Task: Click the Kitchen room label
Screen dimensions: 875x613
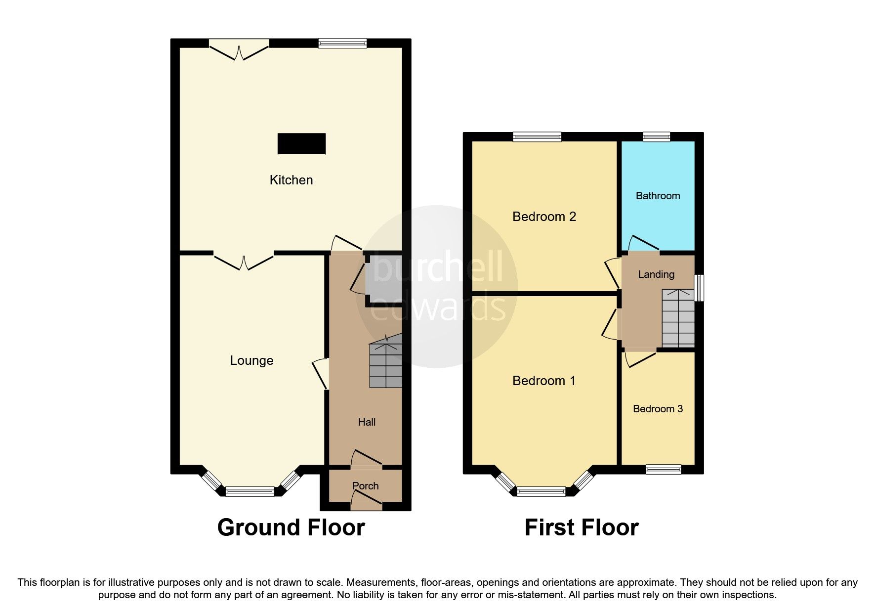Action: pos(291,180)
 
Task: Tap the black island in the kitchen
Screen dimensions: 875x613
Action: pos(301,143)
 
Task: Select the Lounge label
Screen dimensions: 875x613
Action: pos(251,361)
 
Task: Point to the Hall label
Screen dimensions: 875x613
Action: pos(367,422)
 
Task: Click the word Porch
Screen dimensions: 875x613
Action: pos(366,486)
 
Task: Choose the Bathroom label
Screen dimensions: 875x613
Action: pos(658,196)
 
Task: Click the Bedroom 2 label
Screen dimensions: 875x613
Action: pos(544,217)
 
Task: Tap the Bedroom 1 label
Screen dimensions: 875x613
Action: pos(544,381)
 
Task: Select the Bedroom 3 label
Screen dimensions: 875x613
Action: pos(658,409)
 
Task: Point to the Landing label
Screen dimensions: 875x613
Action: pos(656,275)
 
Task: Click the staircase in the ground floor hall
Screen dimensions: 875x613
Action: pos(386,360)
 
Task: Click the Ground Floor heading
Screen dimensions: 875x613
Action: pos(291,527)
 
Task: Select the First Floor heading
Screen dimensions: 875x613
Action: pos(582,527)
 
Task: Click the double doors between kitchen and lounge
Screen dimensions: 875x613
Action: pos(244,262)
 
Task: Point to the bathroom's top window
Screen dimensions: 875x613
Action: pos(657,136)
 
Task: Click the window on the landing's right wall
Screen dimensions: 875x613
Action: pos(699,288)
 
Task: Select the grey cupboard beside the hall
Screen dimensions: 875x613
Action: pos(383,279)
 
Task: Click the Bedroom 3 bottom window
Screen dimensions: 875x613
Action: pos(664,470)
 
